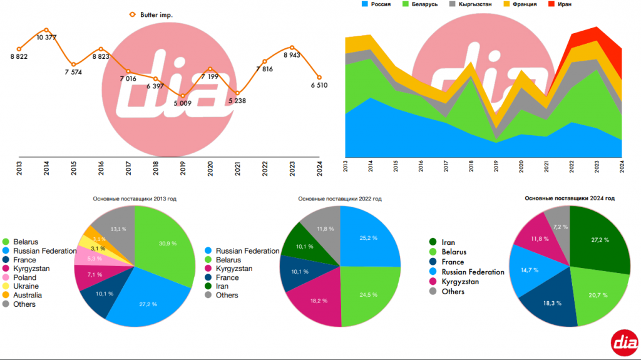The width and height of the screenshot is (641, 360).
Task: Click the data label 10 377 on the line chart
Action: (46, 38)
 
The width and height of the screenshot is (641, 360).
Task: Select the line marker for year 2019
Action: (182, 96)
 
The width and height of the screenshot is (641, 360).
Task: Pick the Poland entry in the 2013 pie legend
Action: (24, 277)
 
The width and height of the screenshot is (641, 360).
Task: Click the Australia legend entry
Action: (28, 295)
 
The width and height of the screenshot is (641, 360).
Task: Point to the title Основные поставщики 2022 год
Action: (340, 198)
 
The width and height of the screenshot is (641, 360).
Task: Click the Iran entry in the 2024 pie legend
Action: (448, 242)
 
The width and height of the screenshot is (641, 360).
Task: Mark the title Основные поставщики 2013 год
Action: (135, 198)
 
